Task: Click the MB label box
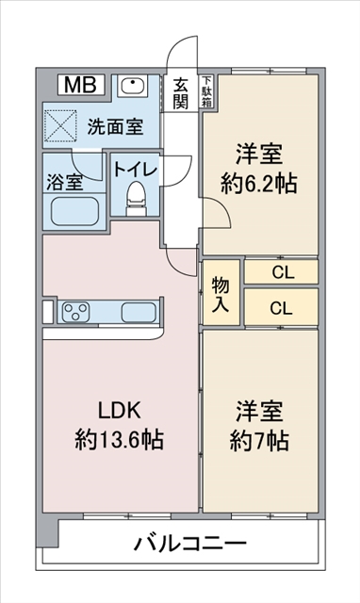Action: pyautogui.click(x=80, y=86)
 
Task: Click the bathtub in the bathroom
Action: pyautogui.click(x=74, y=208)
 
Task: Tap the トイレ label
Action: pyautogui.click(x=136, y=169)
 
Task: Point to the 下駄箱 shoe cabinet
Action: pyautogui.click(x=206, y=93)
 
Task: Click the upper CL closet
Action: pyautogui.click(x=281, y=271)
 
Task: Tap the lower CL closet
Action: pyautogui.click(x=281, y=307)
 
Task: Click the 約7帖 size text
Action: pyautogui.click(x=260, y=439)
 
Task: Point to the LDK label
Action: pyautogui.click(x=120, y=411)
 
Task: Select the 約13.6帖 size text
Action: pyautogui.click(x=120, y=439)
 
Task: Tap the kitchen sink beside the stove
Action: pyautogui.click(x=138, y=312)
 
